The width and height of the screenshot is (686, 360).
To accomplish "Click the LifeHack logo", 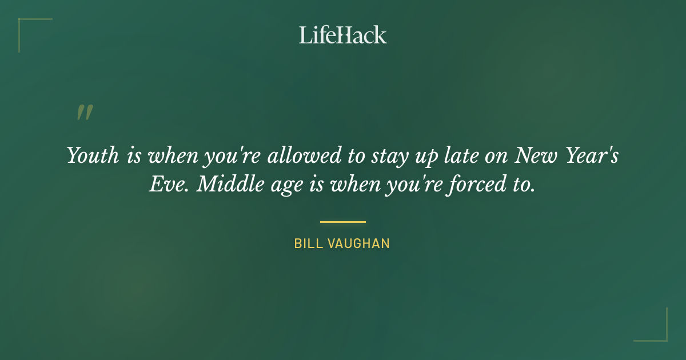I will (342, 35).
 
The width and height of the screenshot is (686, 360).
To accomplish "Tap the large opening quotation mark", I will (85, 113).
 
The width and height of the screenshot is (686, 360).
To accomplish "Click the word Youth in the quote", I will (93, 155).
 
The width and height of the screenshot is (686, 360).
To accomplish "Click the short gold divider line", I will (342, 222).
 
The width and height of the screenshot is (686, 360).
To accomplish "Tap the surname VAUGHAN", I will (358, 244).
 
